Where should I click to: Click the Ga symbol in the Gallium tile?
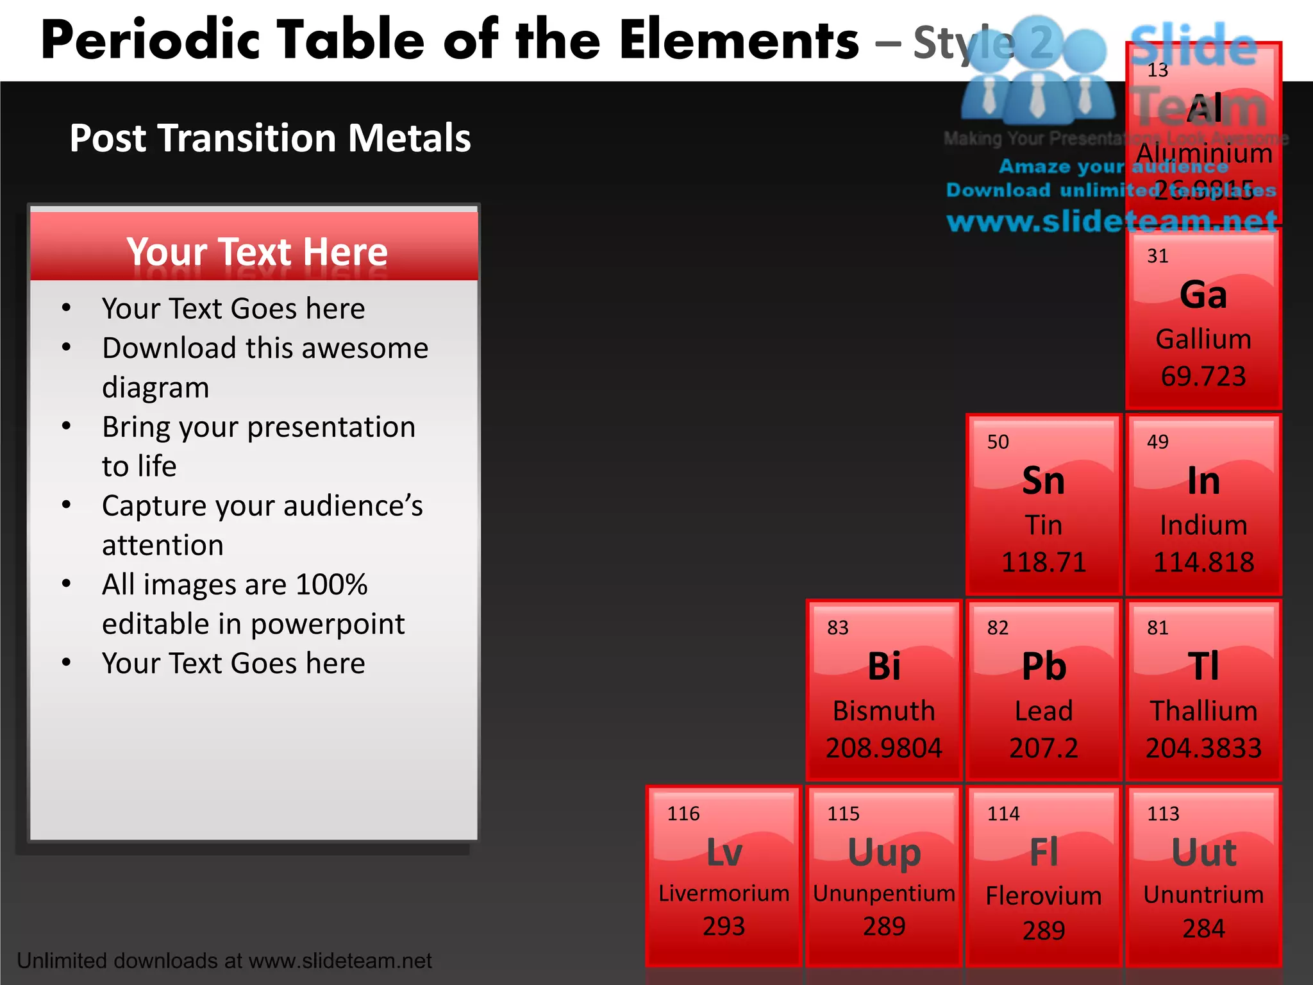click(1203, 295)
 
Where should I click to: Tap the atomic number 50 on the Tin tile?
click(998, 442)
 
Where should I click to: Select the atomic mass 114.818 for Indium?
click(1203, 562)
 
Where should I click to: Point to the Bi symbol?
click(884, 666)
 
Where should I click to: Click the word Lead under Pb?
click(1044, 711)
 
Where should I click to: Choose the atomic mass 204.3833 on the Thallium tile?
click(1203, 748)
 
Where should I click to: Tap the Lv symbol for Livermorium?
click(724, 852)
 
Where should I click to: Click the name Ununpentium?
click(884, 893)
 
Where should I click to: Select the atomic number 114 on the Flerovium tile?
click(1003, 814)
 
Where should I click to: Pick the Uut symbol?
click(1203, 852)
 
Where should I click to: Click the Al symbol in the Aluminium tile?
click(1205, 108)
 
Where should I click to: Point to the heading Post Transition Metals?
click(270, 138)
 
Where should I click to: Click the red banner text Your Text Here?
click(257, 251)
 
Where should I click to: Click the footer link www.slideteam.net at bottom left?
click(340, 961)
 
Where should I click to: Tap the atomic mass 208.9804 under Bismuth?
click(884, 748)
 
